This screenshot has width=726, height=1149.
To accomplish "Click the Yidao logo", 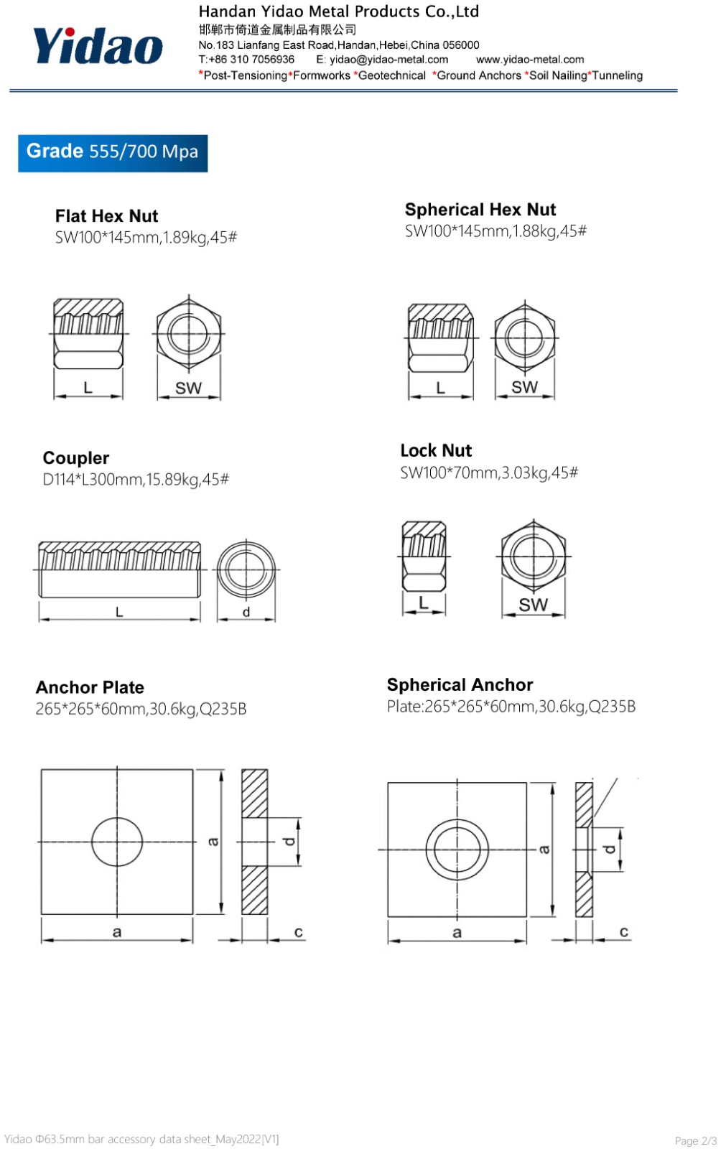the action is (x=98, y=46).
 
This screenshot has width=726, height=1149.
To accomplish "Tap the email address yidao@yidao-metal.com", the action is (x=389, y=60).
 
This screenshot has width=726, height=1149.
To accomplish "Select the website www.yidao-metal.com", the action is (x=530, y=60).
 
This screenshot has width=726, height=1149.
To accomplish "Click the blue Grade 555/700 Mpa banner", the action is (x=113, y=154).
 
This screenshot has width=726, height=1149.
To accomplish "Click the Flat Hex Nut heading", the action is (x=107, y=216).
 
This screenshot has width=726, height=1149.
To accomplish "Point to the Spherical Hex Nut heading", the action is (x=480, y=209).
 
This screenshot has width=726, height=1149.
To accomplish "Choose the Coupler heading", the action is (x=76, y=458).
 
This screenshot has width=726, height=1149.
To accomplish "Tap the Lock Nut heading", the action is (x=436, y=450).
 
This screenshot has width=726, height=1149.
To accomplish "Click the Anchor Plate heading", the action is (x=90, y=687).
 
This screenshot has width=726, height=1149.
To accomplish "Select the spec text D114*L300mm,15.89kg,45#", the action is (x=136, y=480).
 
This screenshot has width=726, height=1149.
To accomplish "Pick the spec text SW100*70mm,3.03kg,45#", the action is (x=489, y=473).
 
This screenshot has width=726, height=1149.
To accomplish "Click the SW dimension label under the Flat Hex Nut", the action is (x=189, y=389).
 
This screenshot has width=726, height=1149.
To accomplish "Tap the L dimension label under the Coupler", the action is (x=119, y=611).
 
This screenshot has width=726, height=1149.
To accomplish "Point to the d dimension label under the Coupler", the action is (x=246, y=611).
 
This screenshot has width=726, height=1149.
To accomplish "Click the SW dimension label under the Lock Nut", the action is (x=534, y=605).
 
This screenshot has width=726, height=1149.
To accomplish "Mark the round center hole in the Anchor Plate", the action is (x=117, y=842).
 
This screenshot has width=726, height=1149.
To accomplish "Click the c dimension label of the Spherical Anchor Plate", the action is (x=624, y=931).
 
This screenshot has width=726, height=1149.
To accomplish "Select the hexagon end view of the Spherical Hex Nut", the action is (x=525, y=338).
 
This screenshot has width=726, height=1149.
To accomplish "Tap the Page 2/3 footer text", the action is (x=695, y=1140).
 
